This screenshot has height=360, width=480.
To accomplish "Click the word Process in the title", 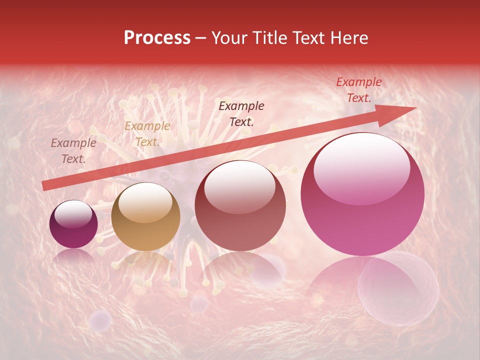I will click(157, 38).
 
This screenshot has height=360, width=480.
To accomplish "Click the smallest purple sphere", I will click(73, 224).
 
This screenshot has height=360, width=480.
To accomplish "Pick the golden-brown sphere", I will click(145, 217).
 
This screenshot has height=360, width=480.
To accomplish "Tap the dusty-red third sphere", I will click(240, 206).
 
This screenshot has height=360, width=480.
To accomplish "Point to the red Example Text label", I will click(358, 90).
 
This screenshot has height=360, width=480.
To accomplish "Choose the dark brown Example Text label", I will click(241, 113).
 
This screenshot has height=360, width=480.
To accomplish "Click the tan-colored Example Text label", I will click(147, 134).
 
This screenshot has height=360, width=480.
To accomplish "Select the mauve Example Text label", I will click(73, 151).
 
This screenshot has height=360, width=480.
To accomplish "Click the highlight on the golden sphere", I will click(145, 203).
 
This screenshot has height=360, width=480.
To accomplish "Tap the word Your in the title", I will click(228, 38).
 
